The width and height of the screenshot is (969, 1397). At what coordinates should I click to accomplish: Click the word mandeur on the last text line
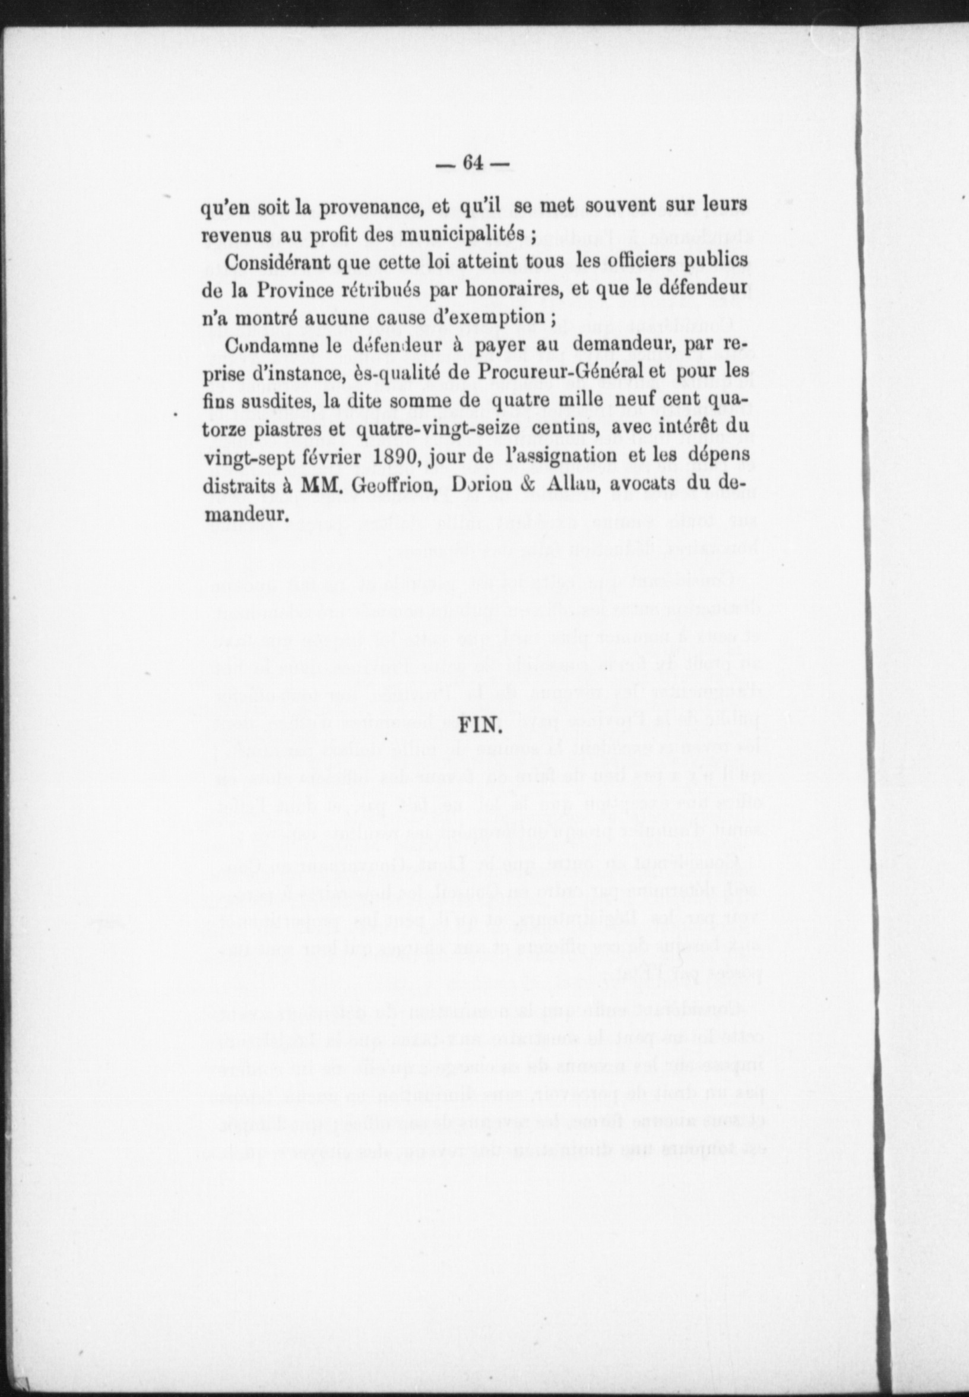pyautogui.click(x=243, y=514)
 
